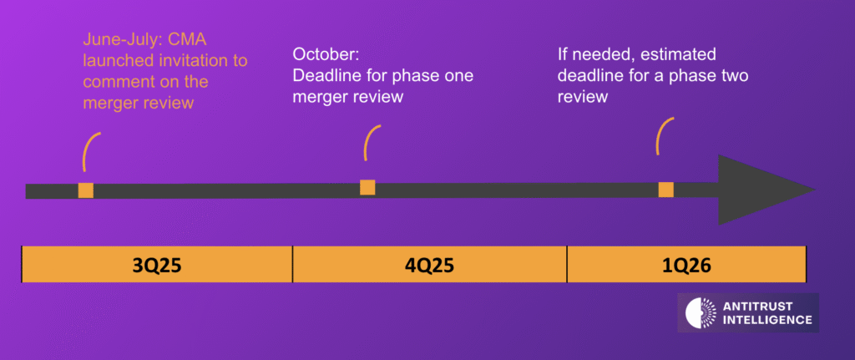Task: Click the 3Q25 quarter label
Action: [156, 265]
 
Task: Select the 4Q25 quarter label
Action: [430, 265]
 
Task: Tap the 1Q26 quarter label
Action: [686, 265]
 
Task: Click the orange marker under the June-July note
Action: [86, 190]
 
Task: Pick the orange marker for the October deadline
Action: [367, 187]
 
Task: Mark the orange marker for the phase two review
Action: [665, 190]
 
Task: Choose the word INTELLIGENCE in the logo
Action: [766, 320]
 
